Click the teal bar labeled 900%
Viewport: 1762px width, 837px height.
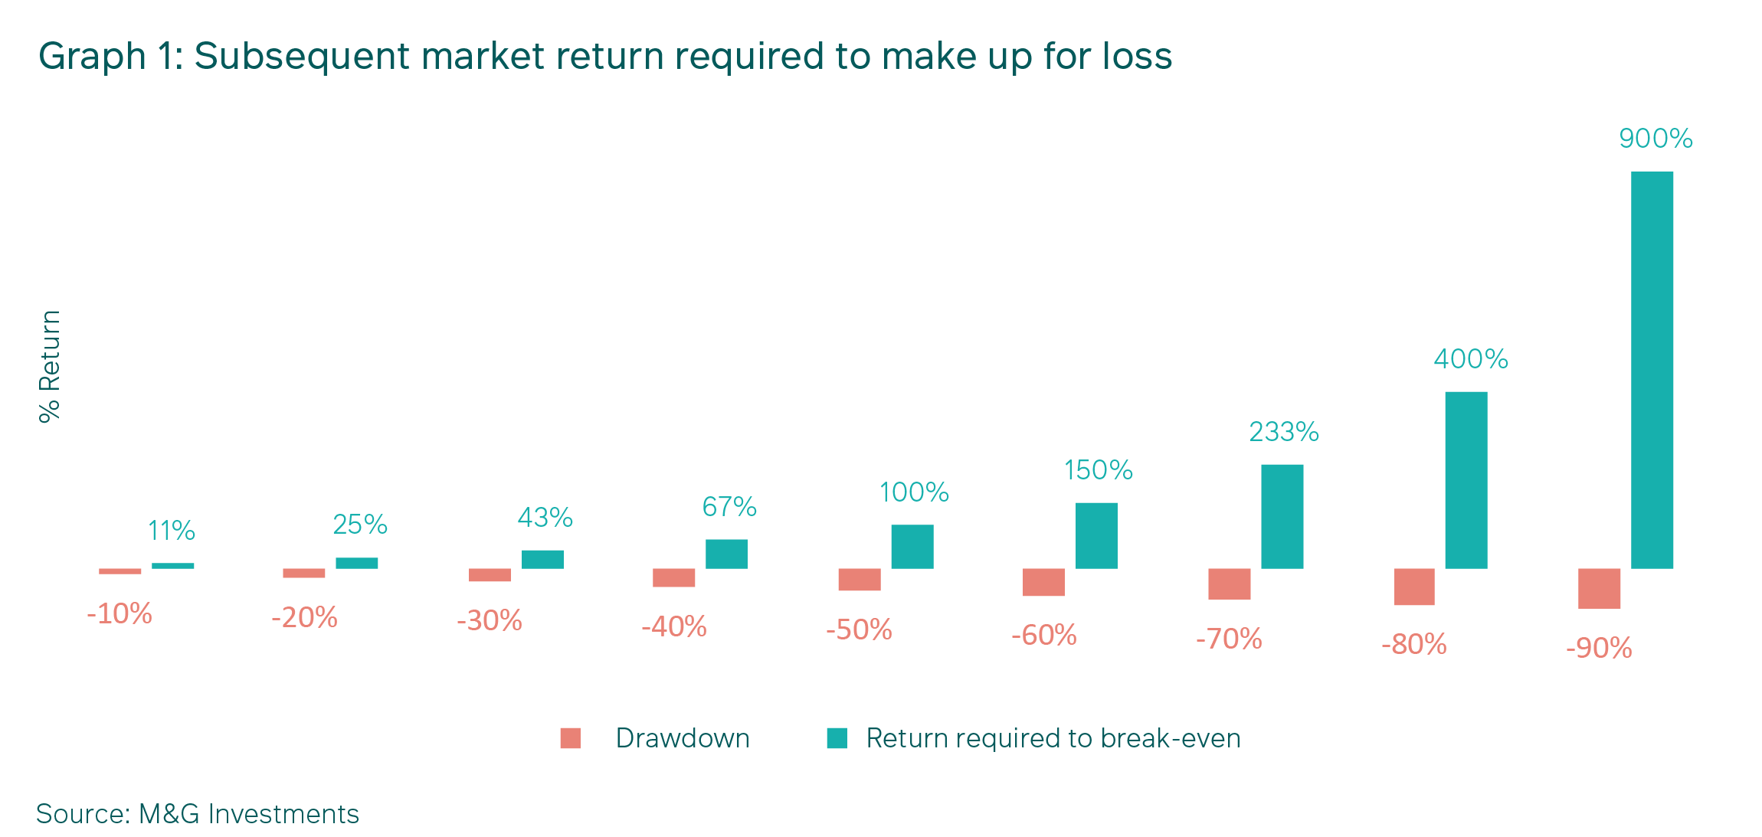[1652, 370]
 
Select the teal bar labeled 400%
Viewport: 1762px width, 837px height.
[1466, 480]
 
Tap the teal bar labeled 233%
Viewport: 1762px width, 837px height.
[1282, 517]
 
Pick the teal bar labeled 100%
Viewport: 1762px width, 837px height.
[912, 547]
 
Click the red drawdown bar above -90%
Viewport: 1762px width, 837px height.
[1600, 589]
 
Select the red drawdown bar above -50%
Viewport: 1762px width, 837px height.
[860, 580]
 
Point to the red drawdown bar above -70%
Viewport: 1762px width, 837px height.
[1230, 584]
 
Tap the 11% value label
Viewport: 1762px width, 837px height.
[172, 531]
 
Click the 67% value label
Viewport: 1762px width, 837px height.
[729, 507]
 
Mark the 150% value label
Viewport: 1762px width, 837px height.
[1099, 470]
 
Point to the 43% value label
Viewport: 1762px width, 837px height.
[545, 518]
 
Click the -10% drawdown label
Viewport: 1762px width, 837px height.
[120, 614]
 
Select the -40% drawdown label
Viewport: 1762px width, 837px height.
[674, 627]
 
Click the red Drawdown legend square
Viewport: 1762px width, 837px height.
[571, 738]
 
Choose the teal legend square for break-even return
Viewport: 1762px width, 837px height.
[837, 738]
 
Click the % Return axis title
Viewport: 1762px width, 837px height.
[50, 366]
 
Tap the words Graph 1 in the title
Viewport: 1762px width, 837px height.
[111, 57]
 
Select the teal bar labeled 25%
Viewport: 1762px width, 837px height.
[357, 564]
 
